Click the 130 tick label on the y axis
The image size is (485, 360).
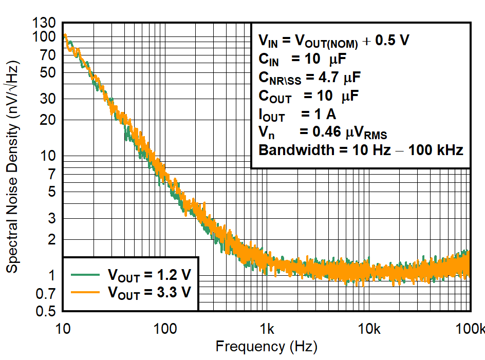[x=46, y=24]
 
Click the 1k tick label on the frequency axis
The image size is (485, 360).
[x=266, y=328]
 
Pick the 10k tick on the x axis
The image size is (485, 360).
[x=368, y=328]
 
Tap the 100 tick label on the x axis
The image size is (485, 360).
[x=164, y=328]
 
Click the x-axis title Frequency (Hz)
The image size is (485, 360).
[x=266, y=347]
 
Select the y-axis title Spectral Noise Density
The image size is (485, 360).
[x=12, y=168]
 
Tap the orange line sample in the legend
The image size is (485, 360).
[x=85, y=292]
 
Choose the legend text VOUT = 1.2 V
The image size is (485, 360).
[x=149, y=275]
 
